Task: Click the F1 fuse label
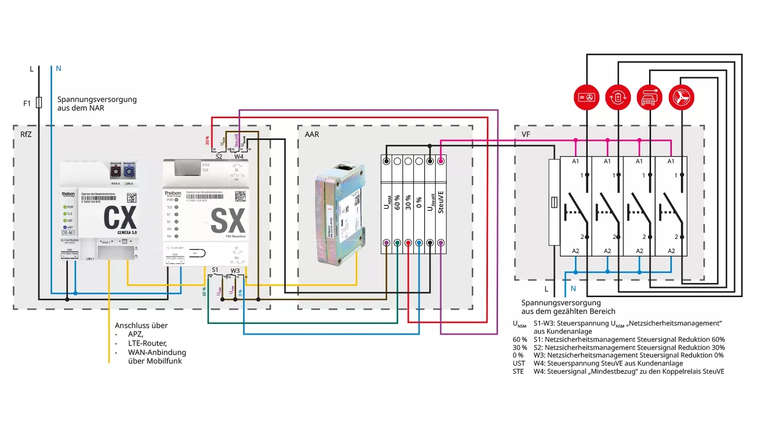coord(27,103)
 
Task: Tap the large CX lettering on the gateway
coord(120,218)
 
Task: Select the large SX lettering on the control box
coord(228,221)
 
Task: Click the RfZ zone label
coord(26,134)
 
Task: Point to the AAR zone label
coord(312,134)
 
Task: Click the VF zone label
coord(525,134)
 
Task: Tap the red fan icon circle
coord(681,97)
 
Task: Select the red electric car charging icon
coord(650,97)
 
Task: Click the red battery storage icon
coord(618,97)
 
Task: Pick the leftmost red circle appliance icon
coord(586,97)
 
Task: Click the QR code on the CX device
coord(132,197)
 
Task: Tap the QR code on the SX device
coord(240,196)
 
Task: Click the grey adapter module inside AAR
coord(338,214)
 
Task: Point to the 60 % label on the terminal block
coord(397,202)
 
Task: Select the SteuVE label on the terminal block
coord(441,202)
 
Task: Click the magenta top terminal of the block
coord(441,161)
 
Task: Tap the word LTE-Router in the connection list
coord(147,343)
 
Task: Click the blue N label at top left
coord(59,68)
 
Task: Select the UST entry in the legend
coord(519,364)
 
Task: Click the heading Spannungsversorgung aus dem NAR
coord(97,103)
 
